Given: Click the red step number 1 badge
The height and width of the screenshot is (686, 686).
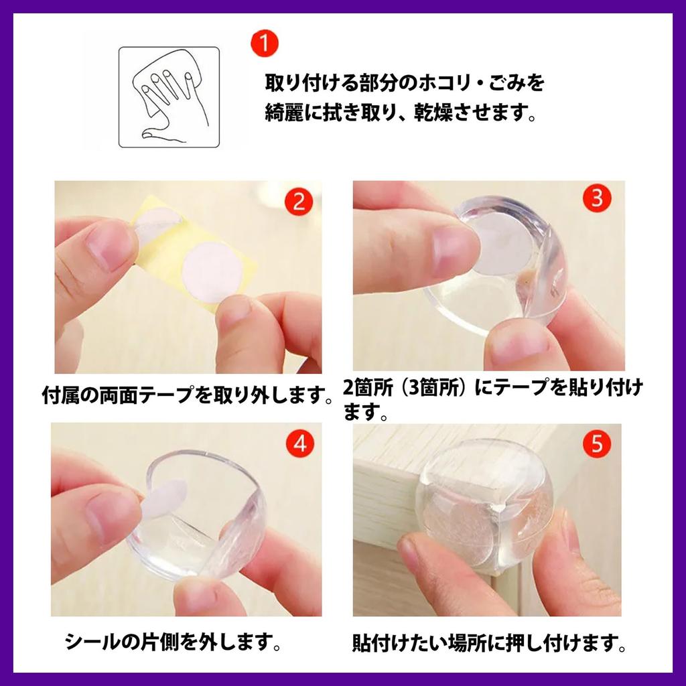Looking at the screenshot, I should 265,46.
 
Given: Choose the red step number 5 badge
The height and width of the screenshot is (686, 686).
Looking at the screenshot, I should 597,443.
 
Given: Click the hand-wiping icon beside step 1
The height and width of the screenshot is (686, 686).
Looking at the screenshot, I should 169,96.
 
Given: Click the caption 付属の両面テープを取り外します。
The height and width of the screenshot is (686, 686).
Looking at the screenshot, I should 188,395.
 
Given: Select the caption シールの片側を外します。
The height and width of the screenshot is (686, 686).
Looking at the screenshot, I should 171,643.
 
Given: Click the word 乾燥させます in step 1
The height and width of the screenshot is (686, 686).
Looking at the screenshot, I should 469,115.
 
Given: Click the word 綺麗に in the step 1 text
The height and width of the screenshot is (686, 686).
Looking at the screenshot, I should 295,115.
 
